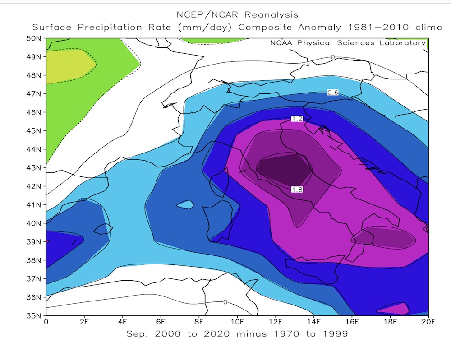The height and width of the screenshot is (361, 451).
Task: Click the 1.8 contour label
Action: click(296, 190)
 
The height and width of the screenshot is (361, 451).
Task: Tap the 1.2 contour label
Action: click(296, 119)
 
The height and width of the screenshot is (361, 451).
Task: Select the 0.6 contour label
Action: click(333, 93)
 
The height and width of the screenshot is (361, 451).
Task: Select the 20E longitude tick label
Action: click(428, 323)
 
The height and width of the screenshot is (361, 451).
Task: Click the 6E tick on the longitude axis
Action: click(161, 323)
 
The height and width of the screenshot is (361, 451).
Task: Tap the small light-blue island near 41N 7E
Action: click(185, 204)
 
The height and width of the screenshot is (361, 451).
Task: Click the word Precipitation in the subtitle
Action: click(141, 27)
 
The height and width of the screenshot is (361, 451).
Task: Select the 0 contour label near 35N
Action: click(225, 302)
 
